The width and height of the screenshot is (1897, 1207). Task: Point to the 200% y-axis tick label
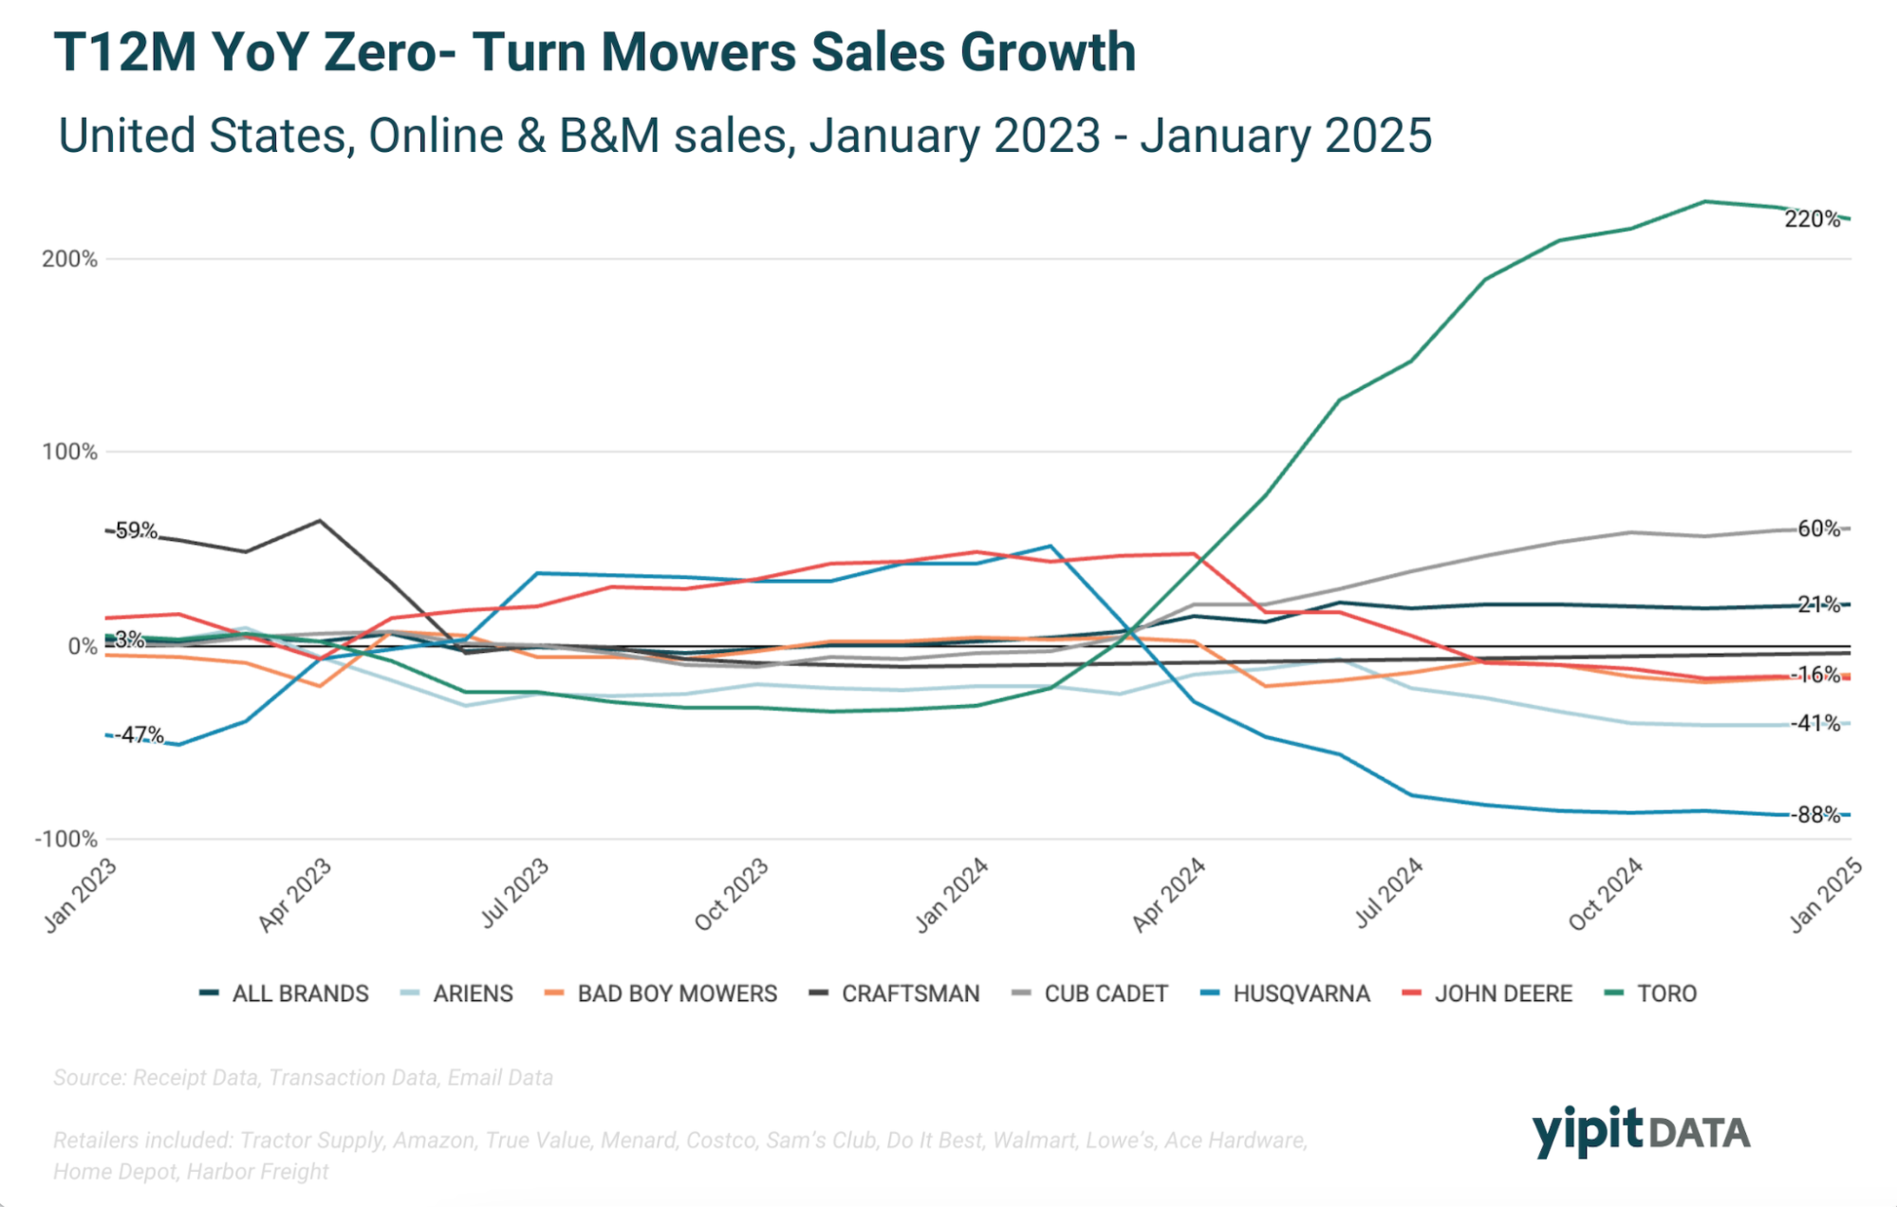(69, 259)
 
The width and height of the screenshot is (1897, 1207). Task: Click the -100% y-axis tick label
(66, 839)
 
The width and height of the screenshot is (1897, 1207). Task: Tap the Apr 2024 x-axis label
(1169, 895)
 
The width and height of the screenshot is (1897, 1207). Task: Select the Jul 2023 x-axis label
(515, 892)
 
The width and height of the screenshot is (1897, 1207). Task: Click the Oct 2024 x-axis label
(1606, 894)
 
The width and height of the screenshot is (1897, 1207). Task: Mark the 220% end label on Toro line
(1812, 219)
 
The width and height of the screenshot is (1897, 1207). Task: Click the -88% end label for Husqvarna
(1815, 814)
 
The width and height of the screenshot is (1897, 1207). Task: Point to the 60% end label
(1818, 529)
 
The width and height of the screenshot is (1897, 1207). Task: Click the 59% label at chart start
(135, 530)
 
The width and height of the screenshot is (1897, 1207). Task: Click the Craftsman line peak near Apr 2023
(319, 520)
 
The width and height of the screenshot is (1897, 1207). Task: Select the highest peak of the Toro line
(1704, 201)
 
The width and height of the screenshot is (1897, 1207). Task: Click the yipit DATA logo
(1641, 1131)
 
